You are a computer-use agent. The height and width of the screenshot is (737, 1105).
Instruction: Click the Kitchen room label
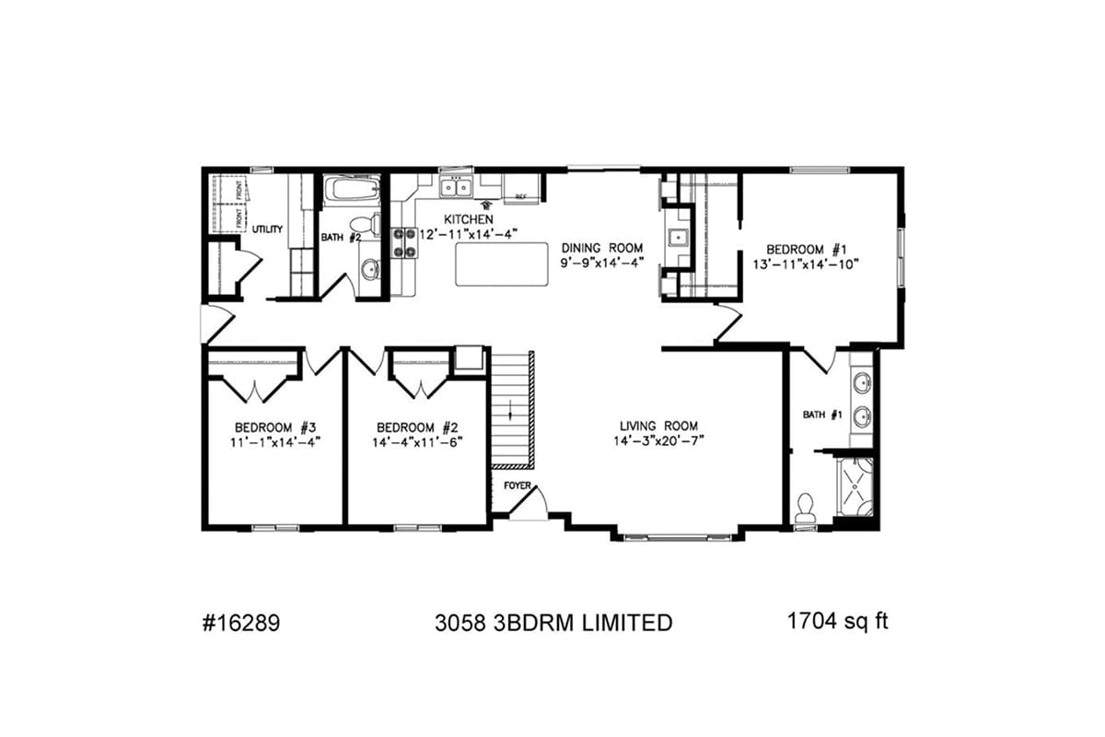[x=462, y=219]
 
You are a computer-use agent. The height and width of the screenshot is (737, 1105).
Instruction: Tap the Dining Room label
[x=601, y=248]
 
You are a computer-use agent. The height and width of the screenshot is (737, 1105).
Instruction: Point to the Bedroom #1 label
[x=807, y=250]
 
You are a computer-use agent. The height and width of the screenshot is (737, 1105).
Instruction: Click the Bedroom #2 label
[x=417, y=427]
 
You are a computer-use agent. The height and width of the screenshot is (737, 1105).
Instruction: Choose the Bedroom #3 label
[x=275, y=427]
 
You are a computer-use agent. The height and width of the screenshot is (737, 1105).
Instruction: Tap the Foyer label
[x=516, y=485]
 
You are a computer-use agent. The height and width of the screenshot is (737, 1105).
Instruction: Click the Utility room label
[x=267, y=229]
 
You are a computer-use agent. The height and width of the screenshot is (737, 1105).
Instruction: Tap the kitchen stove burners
[x=404, y=241]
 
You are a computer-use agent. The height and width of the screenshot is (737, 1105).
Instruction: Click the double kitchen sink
[x=455, y=188]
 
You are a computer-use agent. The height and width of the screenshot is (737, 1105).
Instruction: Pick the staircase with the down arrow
[x=512, y=410]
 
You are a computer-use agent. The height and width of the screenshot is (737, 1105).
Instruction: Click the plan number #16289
[x=239, y=623]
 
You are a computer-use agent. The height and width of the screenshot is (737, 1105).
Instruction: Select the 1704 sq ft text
[x=837, y=621]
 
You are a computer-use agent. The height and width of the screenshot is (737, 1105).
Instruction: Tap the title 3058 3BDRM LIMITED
[x=552, y=623]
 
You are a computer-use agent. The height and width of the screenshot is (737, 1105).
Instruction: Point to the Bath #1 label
[x=822, y=415]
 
